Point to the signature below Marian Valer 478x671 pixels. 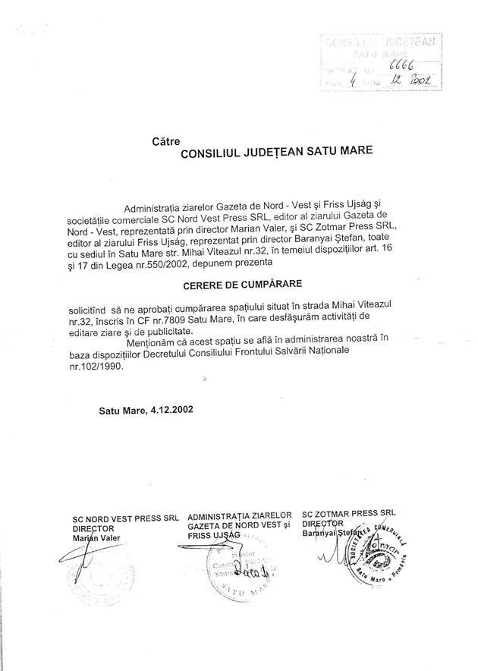(x=87, y=566)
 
